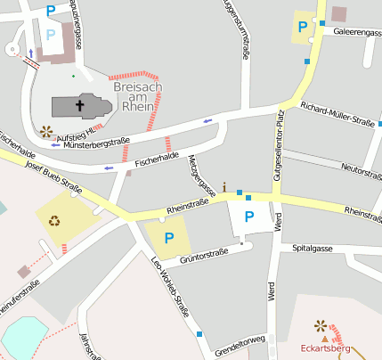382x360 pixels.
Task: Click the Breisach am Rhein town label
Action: click(x=139, y=97)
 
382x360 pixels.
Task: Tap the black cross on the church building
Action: click(x=79, y=106)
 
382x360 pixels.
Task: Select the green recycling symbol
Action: click(x=55, y=220)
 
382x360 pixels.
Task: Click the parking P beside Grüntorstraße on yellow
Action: click(x=168, y=238)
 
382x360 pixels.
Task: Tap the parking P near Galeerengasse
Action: click(x=304, y=27)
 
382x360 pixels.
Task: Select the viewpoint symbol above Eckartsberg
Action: click(x=321, y=327)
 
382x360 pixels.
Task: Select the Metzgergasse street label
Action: click(x=203, y=175)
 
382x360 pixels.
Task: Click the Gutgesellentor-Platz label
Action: click(x=279, y=146)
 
